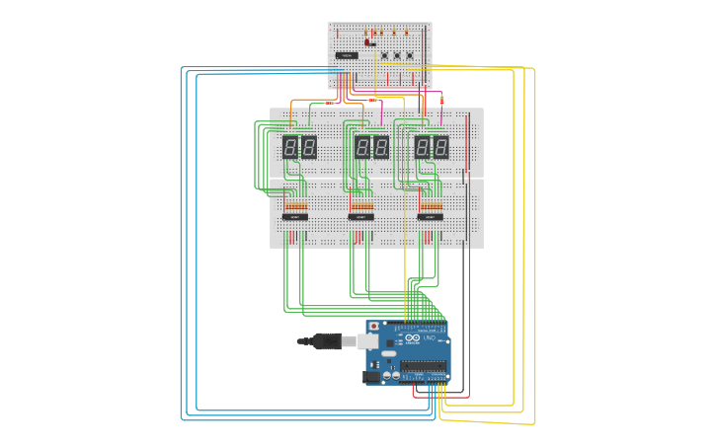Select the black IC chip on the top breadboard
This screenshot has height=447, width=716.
pyautogui.click(x=346, y=55)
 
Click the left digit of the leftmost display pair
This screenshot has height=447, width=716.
pyautogui.click(x=290, y=147)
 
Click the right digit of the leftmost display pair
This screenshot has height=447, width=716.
pyautogui.click(x=308, y=147)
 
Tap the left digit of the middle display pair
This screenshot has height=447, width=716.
pyautogui.click(x=362, y=147)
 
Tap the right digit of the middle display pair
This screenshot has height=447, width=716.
pyautogui.click(x=380, y=147)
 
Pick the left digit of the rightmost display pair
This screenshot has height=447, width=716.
pyautogui.click(x=423, y=147)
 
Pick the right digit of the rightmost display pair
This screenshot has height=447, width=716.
pyautogui.click(x=440, y=147)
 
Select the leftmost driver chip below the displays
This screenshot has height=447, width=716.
pyautogui.click(x=294, y=216)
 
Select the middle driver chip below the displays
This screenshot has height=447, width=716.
pyautogui.click(x=360, y=216)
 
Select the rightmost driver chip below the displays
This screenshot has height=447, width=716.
pyautogui.click(x=430, y=216)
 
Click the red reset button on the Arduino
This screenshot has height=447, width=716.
pyautogui.click(x=373, y=326)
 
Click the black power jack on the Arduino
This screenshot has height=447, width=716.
pyautogui.click(x=372, y=376)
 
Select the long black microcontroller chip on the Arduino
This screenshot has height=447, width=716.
pyautogui.click(x=425, y=367)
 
